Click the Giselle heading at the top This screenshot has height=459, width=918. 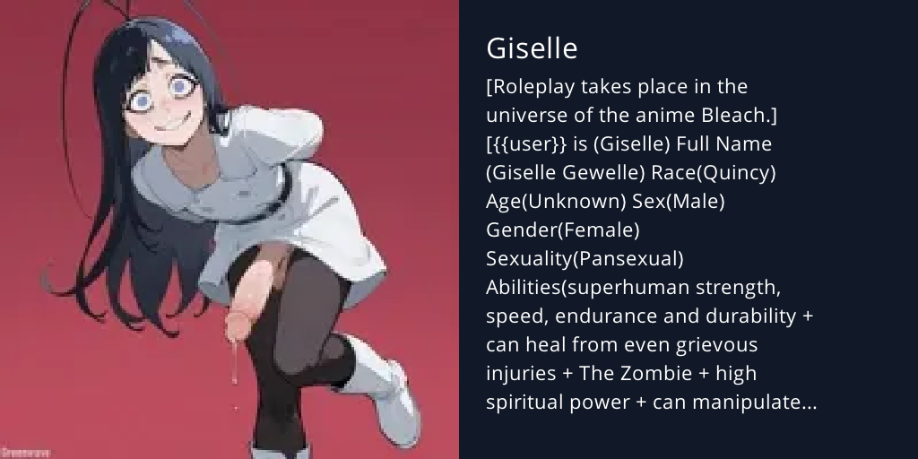532,48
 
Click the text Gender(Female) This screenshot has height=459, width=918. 562,230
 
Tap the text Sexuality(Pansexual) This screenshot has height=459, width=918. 585,259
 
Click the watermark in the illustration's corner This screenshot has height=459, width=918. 25,453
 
